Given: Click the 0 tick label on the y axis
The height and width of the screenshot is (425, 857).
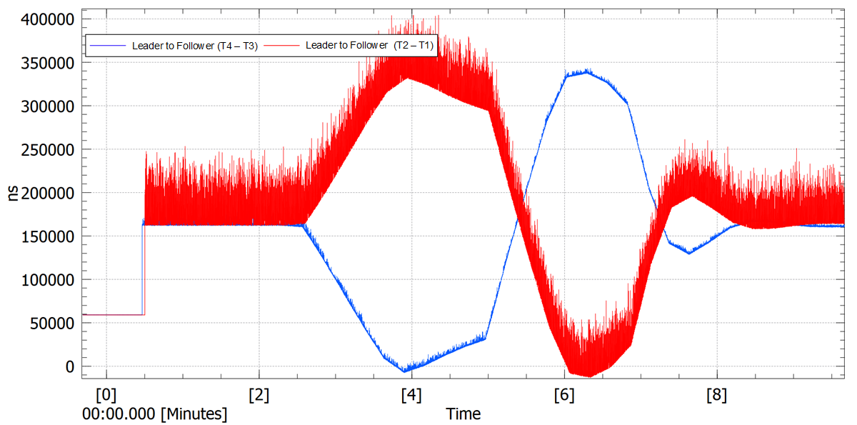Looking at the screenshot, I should point(70,366).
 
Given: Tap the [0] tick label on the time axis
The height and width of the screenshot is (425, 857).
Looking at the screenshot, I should point(106,394).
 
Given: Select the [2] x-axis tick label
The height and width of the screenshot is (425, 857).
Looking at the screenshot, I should point(259,394).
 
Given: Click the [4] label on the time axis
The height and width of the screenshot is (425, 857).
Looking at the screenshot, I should point(411,394).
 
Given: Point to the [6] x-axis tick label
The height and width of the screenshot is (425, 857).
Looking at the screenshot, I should point(564,394).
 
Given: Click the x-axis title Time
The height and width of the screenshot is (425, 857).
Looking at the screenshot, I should point(463,414).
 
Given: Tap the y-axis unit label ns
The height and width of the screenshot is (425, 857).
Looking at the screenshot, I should point(14,194).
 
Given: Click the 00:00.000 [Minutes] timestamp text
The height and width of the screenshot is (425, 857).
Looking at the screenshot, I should point(155,414).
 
